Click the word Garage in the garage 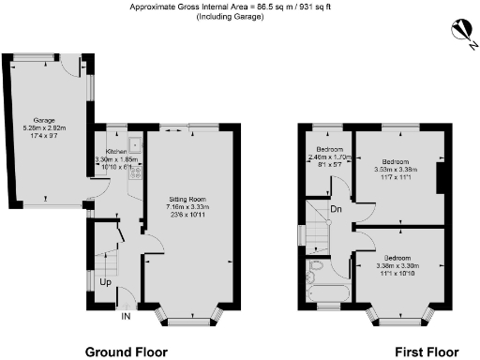pos(43,121)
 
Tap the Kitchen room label pos(115,151)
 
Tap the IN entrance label pos(127,316)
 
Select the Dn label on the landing pos(335,213)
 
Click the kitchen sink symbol pos(135,146)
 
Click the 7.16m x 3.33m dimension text pos(189,208)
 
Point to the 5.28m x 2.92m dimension pos(43,128)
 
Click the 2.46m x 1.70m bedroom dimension pos(328,157)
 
